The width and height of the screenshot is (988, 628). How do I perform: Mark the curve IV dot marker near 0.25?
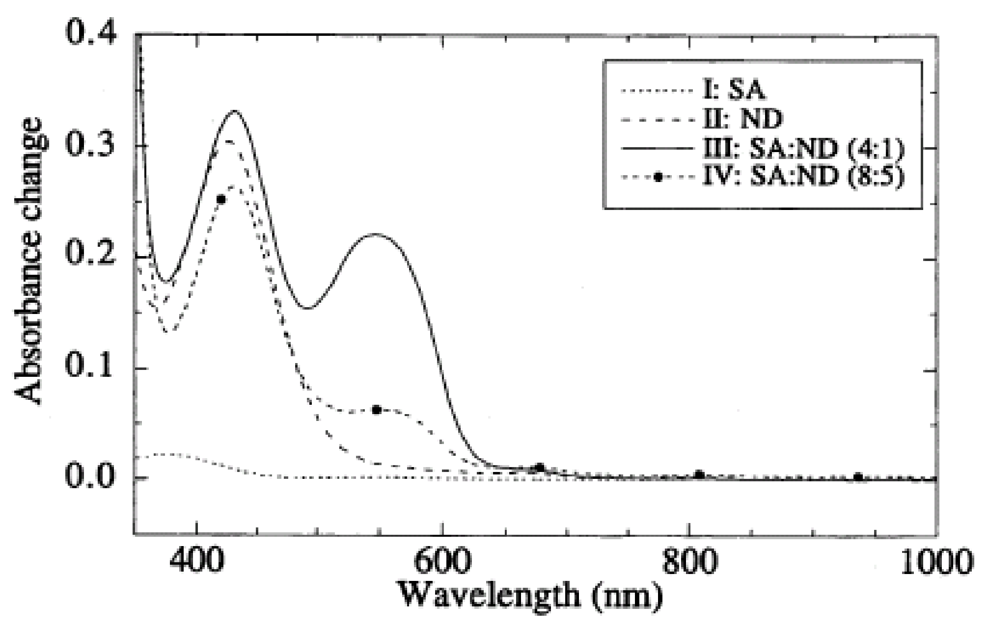click(x=221, y=199)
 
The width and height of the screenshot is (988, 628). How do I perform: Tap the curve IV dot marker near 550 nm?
click(x=377, y=410)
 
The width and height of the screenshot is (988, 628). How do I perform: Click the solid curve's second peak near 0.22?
click(x=375, y=234)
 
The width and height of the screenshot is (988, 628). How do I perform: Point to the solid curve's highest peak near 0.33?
click(x=235, y=111)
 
